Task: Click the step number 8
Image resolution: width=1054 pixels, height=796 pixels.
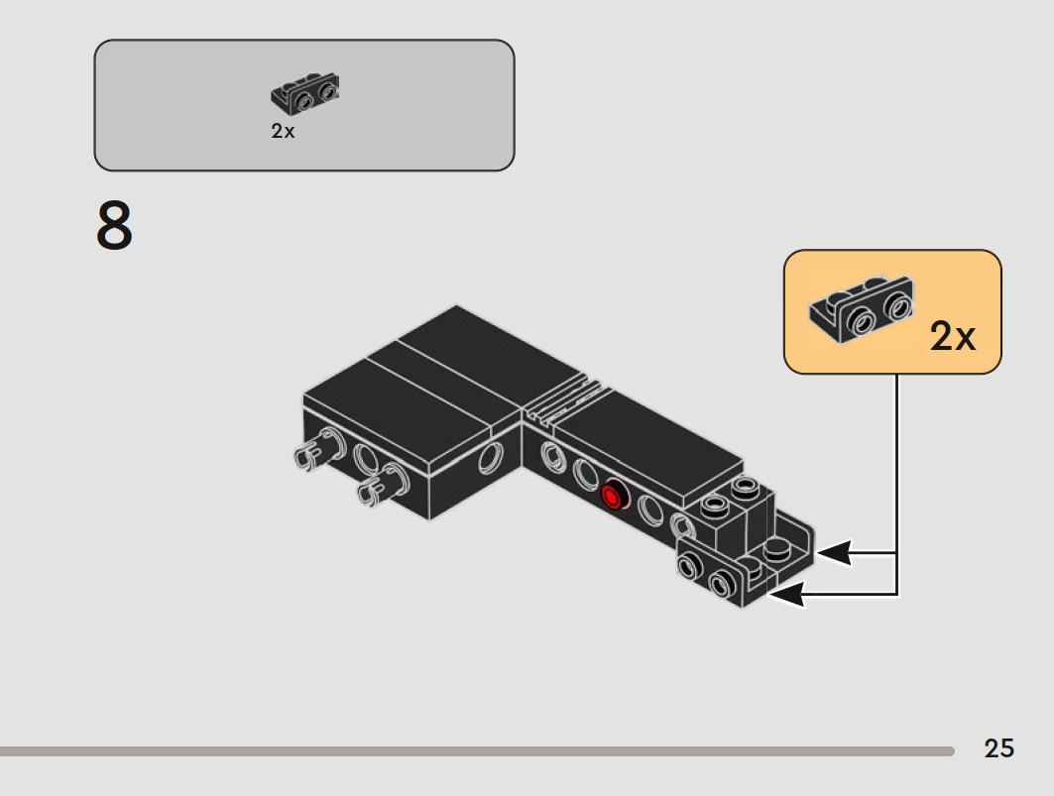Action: tap(114, 225)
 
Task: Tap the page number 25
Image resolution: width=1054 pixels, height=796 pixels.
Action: tap(998, 748)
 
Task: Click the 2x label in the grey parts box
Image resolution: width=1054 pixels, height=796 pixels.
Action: tap(283, 131)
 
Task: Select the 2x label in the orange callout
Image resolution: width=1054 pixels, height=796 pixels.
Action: tap(952, 335)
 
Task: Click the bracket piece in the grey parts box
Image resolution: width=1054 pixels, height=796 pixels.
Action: tap(305, 93)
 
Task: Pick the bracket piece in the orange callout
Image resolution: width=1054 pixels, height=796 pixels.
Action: tap(861, 308)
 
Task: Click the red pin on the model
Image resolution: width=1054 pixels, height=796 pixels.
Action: tap(613, 497)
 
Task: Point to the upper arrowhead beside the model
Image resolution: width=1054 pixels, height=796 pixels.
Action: tap(834, 553)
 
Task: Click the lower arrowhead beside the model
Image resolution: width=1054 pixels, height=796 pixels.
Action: tap(786, 595)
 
